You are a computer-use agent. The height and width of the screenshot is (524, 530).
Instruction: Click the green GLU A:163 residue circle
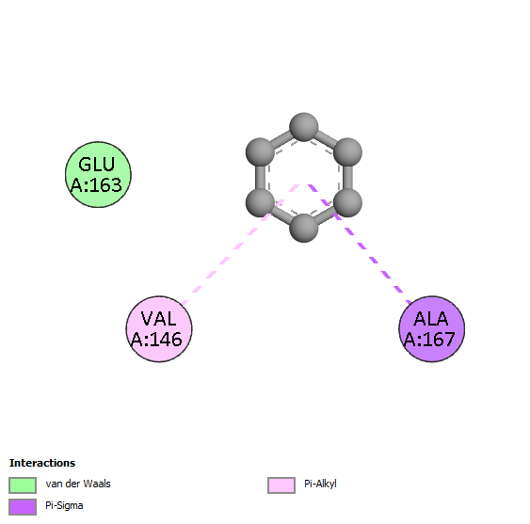pyautogui.click(x=98, y=174)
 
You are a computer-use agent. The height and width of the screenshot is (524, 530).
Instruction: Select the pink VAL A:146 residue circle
pyautogui.click(x=159, y=328)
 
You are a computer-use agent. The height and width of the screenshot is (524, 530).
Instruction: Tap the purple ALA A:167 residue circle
pyautogui.click(x=432, y=328)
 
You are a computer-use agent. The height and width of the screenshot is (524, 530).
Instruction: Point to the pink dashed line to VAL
pyautogui.click(x=240, y=245)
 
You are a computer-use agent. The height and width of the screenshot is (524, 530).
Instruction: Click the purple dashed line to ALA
pyautogui.click(x=361, y=244)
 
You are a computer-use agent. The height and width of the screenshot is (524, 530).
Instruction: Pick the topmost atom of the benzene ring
pyautogui.click(x=303, y=127)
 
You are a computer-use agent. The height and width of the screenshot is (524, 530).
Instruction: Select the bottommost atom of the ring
pyautogui.click(x=303, y=228)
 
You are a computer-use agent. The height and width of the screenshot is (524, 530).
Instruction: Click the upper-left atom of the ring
pyautogui.click(x=260, y=152)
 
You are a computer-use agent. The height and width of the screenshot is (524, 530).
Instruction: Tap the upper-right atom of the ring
pyautogui.click(x=347, y=152)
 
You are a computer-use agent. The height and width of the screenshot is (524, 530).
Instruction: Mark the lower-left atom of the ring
pyautogui.click(x=260, y=202)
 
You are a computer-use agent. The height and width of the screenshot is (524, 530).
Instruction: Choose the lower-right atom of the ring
pyautogui.click(x=347, y=202)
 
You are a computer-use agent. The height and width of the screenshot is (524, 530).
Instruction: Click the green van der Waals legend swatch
pyautogui.click(x=23, y=485)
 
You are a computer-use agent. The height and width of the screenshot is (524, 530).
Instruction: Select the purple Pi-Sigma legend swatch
pyautogui.click(x=23, y=507)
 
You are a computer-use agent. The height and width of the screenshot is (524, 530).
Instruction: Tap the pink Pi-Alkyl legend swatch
pyautogui.click(x=281, y=485)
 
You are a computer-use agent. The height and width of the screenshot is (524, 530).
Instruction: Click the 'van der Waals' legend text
pyautogui.click(x=78, y=484)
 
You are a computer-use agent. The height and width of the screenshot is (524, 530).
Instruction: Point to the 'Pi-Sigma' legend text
pyautogui.click(x=64, y=506)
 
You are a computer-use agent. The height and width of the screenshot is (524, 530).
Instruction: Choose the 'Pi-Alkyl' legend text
pyautogui.click(x=320, y=484)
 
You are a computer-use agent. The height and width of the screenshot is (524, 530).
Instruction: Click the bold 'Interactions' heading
pyautogui.click(x=42, y=463)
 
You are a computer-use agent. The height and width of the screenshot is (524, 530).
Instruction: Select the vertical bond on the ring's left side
pyautogui.click(x=260, y=178)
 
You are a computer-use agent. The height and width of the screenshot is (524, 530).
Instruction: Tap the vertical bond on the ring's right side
pyautogui.click(x=347, y=178)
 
